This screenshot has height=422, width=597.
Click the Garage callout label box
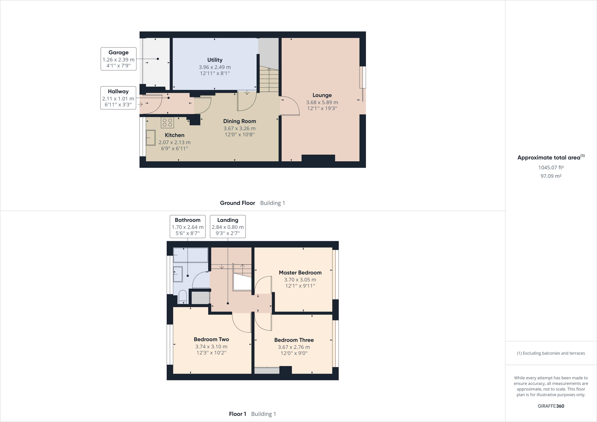(118, 59)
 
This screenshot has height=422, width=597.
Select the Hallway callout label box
(118, 98)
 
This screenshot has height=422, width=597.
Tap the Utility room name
(215, 60)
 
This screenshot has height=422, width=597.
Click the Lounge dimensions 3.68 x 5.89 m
(322, 102)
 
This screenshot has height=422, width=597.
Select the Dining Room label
(239, 121)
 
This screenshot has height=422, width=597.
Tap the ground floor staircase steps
(269, 79)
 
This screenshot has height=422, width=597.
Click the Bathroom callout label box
(188, 226)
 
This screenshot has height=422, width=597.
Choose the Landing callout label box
(228, 226)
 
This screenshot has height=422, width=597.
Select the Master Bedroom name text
(300, 272)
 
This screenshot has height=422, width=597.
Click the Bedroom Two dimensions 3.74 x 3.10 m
(211, 346)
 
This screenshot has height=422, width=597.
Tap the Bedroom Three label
(294, 340)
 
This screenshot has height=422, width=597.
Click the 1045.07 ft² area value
(551, 167)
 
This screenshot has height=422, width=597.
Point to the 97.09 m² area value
(551, 176)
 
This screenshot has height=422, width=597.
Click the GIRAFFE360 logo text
(551, 406)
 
